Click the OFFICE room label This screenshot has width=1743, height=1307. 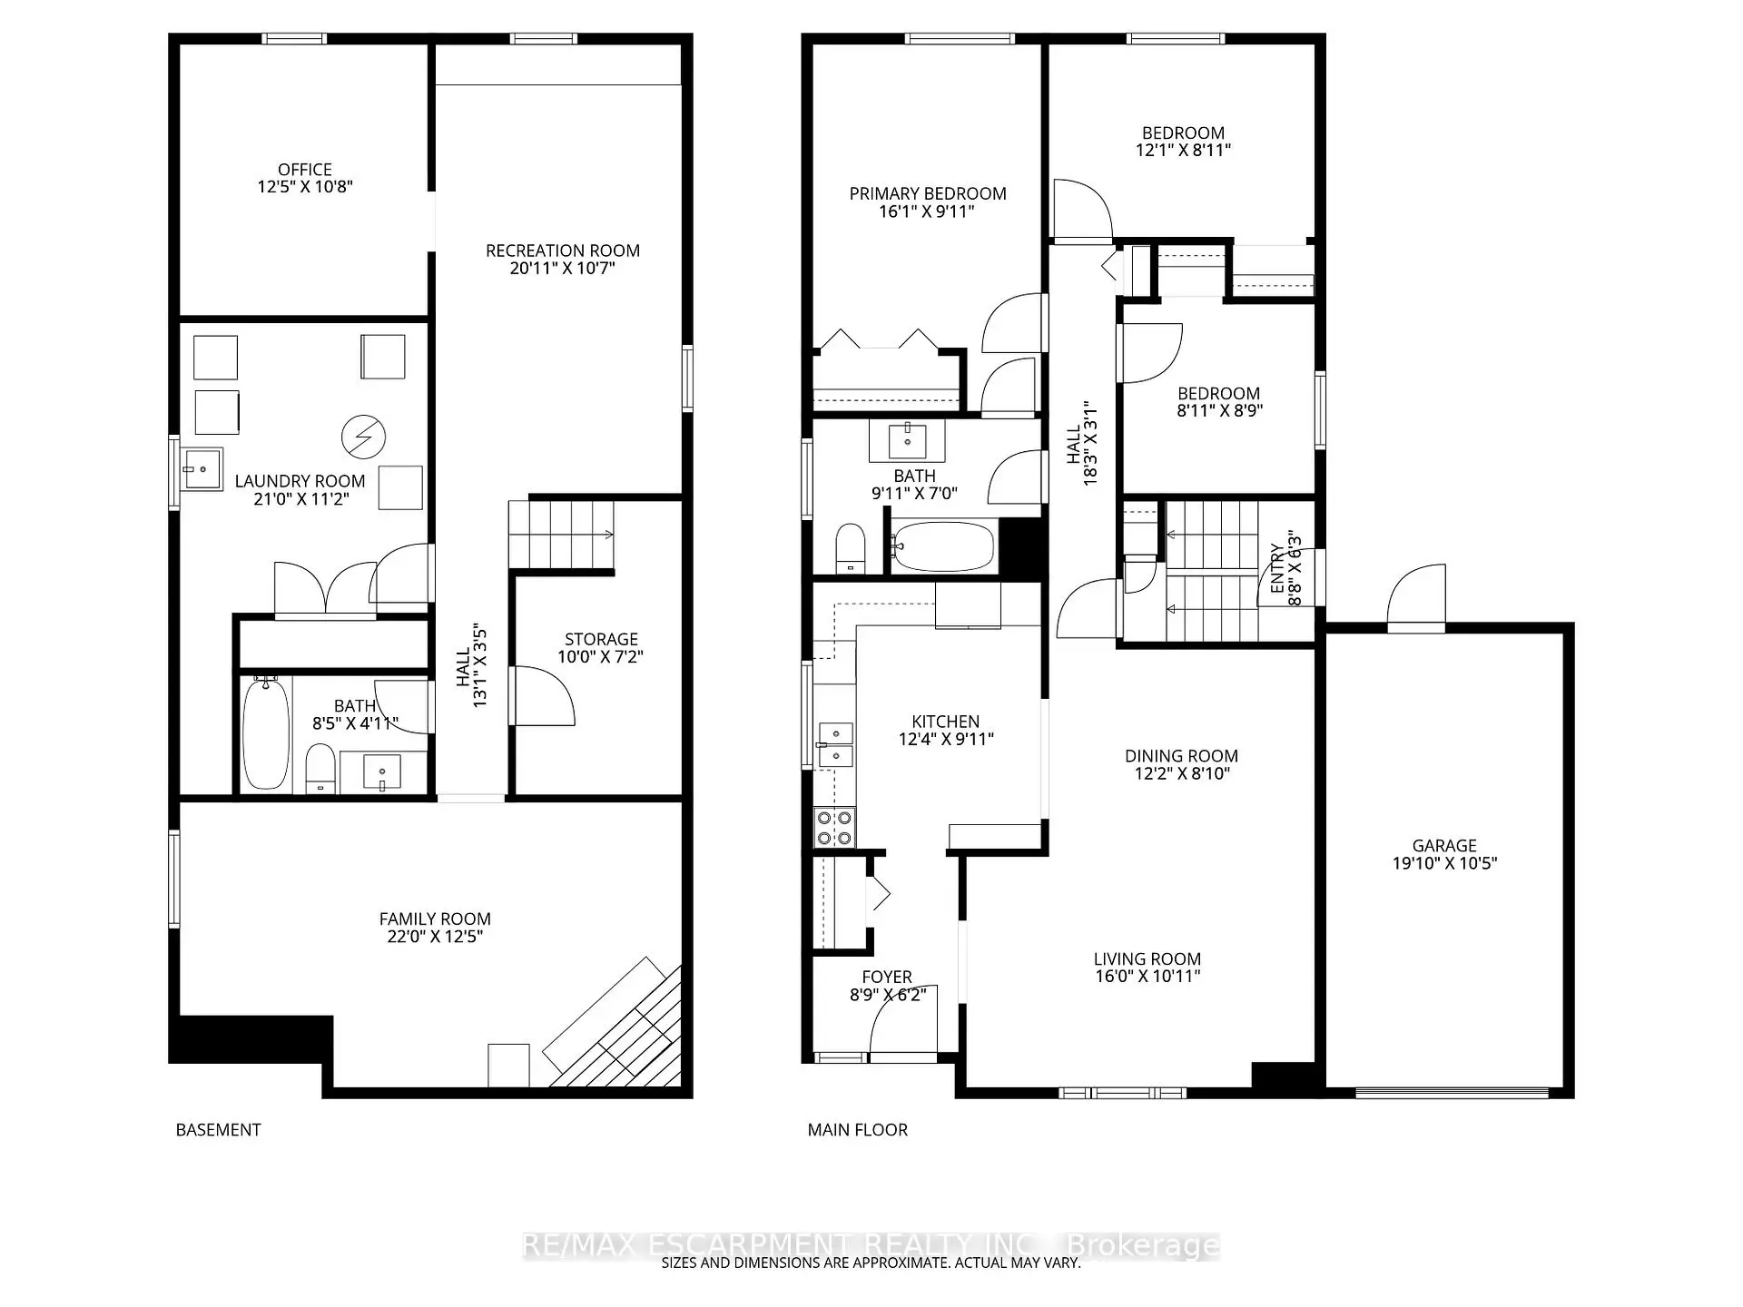[305, 170]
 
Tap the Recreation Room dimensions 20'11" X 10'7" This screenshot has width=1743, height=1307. [562, 269]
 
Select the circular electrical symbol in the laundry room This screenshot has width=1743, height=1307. [363, 437]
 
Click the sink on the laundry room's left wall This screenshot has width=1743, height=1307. [201, 469]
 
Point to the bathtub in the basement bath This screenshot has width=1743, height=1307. [266, 735]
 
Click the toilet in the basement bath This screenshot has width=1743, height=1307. [319, 768]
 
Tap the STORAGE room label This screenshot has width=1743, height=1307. [601, 639]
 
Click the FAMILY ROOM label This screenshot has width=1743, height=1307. [435, 919]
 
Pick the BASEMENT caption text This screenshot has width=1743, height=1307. [218, 1130]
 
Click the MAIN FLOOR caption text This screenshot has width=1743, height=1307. [857, 1130]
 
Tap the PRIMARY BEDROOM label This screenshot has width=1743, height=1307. [927, 193]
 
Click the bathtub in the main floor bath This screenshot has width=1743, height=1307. [941, 545]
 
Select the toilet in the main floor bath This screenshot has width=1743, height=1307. [850, 547]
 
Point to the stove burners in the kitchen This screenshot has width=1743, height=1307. [834, 827]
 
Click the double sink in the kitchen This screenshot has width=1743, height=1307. [835, 744]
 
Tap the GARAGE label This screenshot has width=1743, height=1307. [1443, 845]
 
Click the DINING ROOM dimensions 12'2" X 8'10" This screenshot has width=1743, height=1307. [1181, 773]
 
